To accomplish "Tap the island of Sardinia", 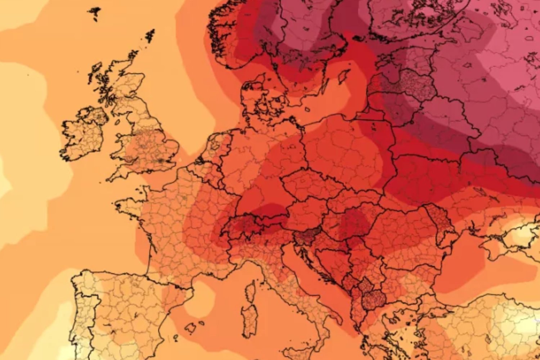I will pyautogui.click(x=250, y=317).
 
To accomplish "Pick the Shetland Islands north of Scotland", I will pyautogui.click(x=150, y=36).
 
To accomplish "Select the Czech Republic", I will pyautogui.click(x=306, y=184).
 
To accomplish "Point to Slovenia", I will pyautogui.click(x=306, y=236).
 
